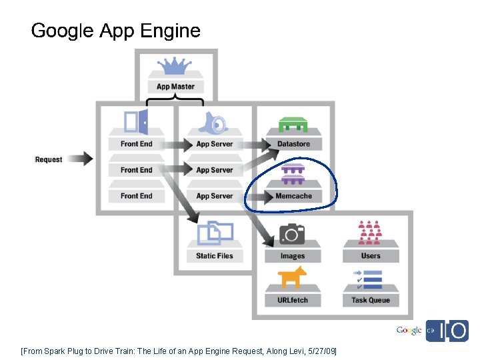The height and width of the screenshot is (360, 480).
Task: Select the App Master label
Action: click(x=176, y=87)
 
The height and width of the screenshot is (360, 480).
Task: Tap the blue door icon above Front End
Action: click(x=136, y=122)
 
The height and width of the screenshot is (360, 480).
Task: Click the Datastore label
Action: click(x=293, y=144)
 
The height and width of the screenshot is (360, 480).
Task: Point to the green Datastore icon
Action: click(x=293, y=124)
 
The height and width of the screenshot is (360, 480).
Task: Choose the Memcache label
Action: click(x=293, y=196)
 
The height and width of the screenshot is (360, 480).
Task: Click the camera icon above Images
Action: click(x=292, y=233)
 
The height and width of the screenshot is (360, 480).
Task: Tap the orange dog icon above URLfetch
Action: click(x=292, y=277)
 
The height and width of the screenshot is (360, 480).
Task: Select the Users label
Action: click(x=371, y=255)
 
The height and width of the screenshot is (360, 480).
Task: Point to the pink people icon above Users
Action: click(x=370, y=233)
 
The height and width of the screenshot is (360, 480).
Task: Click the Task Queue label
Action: click(x=371, y=300)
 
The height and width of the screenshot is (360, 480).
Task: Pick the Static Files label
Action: click(x=215, y=256)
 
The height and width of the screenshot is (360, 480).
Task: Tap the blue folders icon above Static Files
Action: click(x=215, y=232)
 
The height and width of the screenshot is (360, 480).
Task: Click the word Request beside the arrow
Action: click(x=49, y=160)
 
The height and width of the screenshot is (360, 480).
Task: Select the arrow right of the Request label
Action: click(x=81, y=159)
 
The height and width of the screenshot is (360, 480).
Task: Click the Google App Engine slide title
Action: click(x=115, y=31)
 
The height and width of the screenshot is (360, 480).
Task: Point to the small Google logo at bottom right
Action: click(x=409, y=331)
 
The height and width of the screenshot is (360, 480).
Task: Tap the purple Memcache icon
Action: click(x=293, y=174)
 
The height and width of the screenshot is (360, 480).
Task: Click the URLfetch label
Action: click(x=293, y=300)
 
